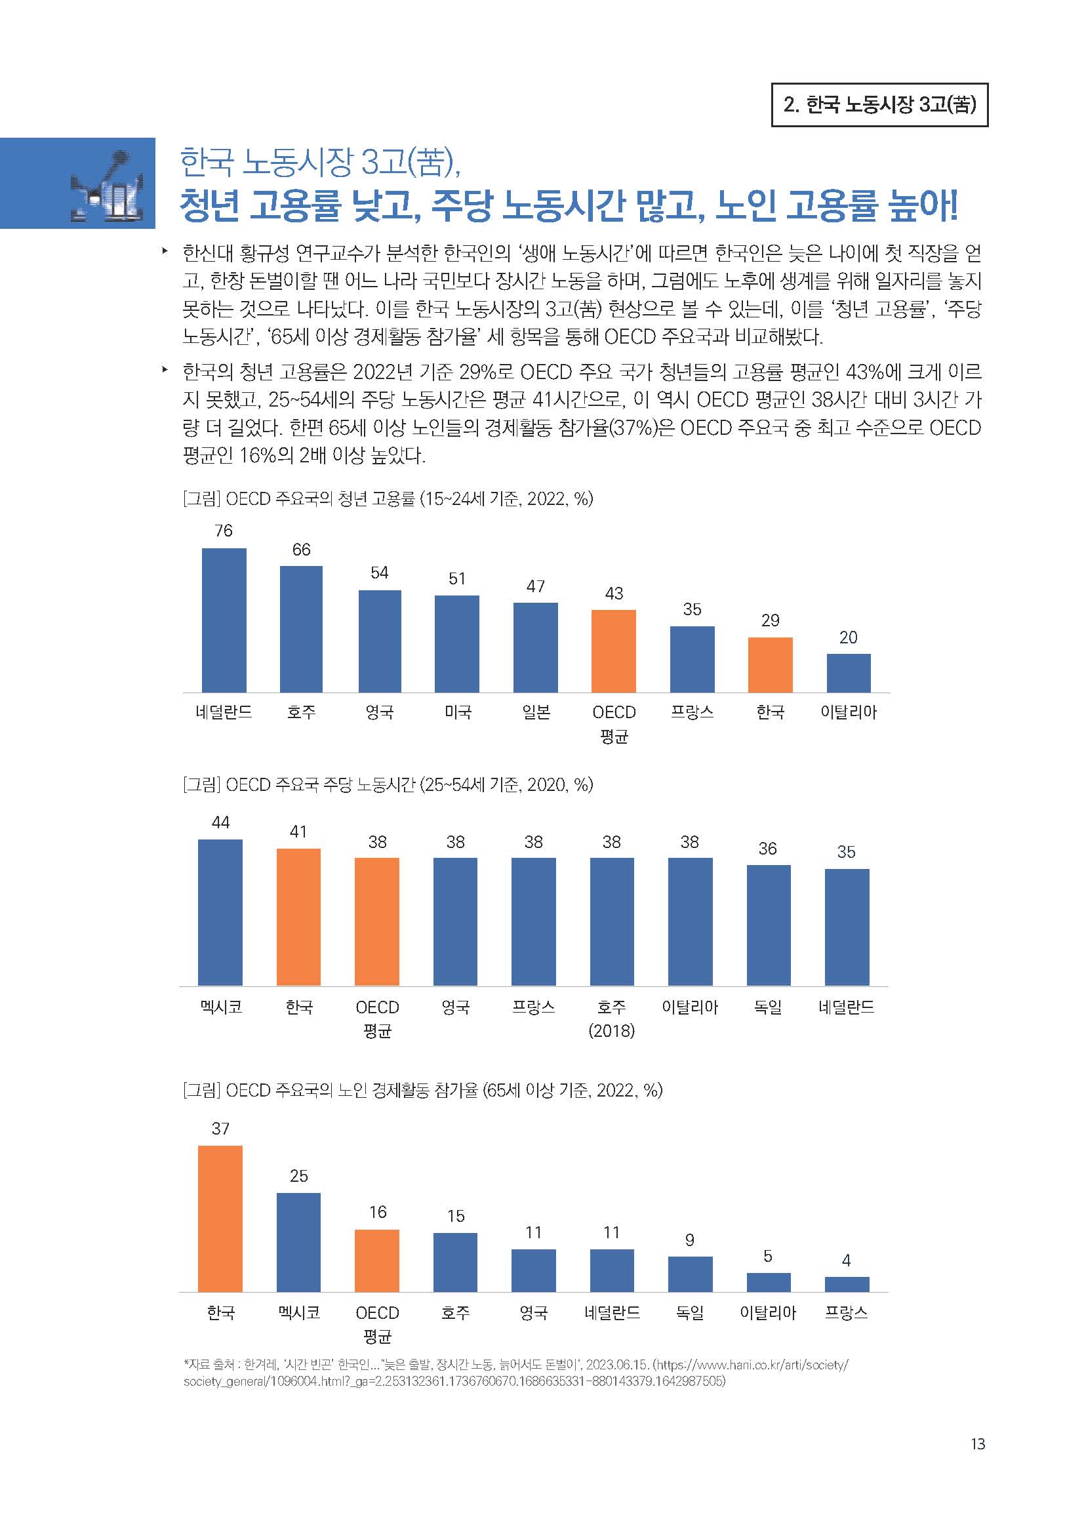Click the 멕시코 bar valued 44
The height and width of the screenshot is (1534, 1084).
pos(220,912)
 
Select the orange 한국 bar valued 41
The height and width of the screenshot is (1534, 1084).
pos(298,917)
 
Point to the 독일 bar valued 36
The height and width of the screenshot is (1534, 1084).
pos(768,925)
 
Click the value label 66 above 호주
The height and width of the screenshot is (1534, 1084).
pos(301,549)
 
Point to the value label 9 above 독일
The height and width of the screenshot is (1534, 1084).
pos(689,1240)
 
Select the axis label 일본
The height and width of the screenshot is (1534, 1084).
pos(536,712)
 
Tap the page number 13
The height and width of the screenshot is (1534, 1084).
pos(977,1443)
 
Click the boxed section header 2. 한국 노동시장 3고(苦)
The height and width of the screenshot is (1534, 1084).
pos(879,105)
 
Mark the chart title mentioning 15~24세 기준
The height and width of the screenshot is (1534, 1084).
pos(388,498)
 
